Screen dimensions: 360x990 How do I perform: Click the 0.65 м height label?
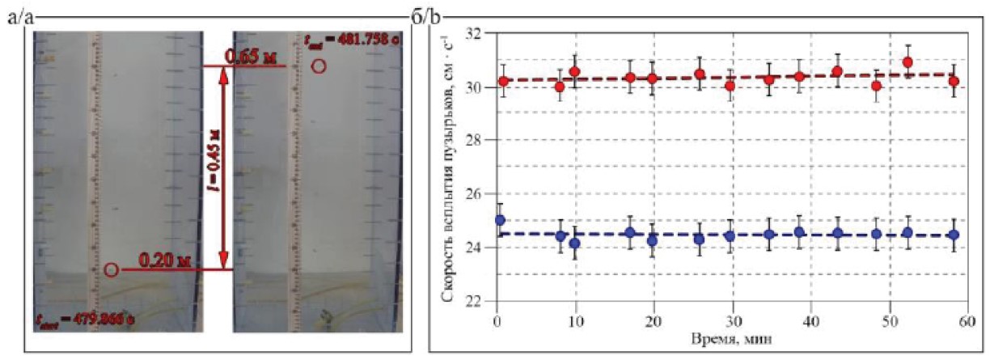[252, 57]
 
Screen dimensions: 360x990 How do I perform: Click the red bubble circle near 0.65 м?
[319, 67]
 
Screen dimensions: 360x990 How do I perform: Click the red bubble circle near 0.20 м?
[112, 269]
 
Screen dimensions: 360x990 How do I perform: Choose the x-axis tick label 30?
[732, 320]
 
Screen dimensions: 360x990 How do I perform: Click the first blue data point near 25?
[500, 219]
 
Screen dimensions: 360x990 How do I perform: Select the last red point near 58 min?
[954, 81]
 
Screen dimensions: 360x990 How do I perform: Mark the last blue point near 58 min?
[954, 235]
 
